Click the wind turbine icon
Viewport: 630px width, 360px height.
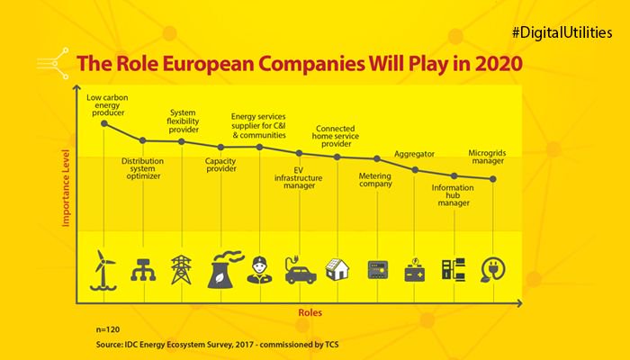104,268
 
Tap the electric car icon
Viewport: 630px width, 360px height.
300,270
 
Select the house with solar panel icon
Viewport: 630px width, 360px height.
338,268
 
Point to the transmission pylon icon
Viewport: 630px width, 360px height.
183,268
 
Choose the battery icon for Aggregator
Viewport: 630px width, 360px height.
416,270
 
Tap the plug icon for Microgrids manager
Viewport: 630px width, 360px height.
493,269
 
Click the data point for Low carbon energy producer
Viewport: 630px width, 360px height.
104,123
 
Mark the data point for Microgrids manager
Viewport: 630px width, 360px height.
493,179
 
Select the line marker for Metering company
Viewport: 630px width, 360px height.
377,159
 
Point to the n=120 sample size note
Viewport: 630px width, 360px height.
108,330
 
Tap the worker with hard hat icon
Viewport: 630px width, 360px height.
260,269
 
